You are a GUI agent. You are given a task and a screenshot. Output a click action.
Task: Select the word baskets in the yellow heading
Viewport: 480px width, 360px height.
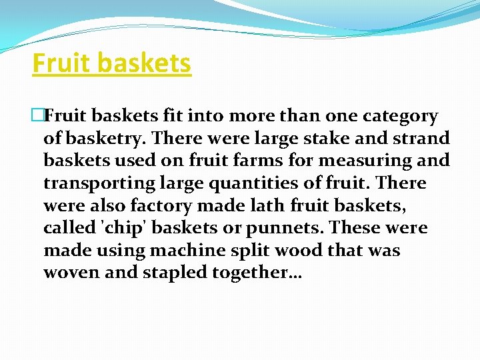145,63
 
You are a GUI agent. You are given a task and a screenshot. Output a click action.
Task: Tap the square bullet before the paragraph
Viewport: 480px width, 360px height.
37,116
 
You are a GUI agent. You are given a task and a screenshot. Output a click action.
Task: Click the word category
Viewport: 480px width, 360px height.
400,116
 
